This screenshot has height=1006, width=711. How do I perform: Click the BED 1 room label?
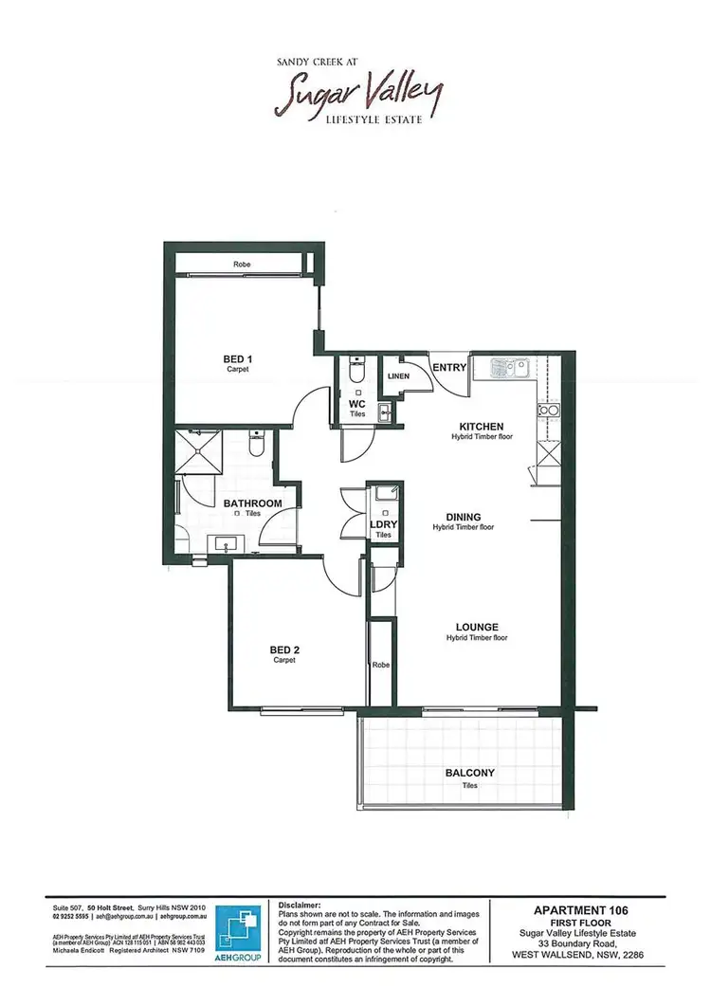tap(237, 358)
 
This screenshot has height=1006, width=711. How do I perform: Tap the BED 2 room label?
tap(284, 649)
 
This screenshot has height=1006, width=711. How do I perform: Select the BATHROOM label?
tap(252, 503)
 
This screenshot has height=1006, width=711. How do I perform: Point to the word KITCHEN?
tap(482, 427)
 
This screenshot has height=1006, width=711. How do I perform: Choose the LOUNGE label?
tap(477, 627)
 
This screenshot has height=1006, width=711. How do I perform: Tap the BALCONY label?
tap(470, 773)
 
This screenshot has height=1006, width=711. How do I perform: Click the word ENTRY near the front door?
tap(447, 368)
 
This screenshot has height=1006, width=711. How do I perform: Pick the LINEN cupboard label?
tap(398, 376)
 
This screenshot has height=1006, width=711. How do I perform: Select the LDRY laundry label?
tap(383, 524)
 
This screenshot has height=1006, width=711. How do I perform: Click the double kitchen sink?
tap(511, 366)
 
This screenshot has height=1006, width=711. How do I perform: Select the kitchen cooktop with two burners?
tap(548, 410)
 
